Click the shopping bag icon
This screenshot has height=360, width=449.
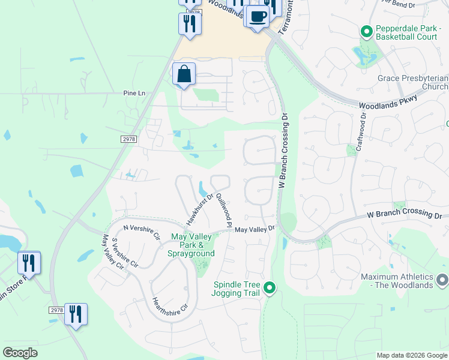coord(184,74)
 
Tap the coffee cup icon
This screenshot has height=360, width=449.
coord(257,16)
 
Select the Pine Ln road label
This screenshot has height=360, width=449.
coord(134,93)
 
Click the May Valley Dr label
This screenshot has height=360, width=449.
coord(255,229)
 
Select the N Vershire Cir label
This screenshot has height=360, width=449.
coord(142,231)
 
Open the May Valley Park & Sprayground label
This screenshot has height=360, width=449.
coord(193,245)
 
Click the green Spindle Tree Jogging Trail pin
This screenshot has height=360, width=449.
coord(270,289)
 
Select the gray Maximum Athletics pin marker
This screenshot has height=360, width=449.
coord(442,280)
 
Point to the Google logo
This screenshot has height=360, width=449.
coord(20,353)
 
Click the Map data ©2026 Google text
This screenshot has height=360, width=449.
coord(411,355)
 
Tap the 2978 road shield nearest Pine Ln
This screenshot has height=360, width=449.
coord(128,139)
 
